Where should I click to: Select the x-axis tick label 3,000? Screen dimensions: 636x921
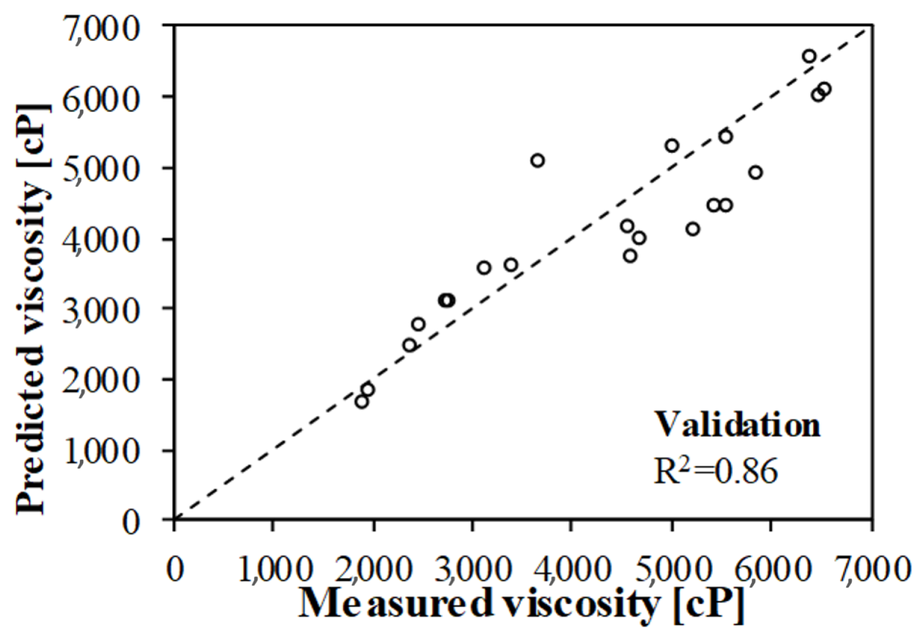(x=473, y=571)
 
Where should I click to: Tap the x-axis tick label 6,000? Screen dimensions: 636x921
(x=770, y=571)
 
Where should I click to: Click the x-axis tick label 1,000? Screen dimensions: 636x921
(x=273, y=571)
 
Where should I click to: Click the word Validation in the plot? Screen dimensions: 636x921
(x=738, y=425)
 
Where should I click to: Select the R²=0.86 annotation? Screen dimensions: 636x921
(x=716, y=472)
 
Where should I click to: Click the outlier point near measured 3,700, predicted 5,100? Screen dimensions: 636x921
(x=538, y=161)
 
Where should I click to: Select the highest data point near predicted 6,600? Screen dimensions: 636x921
(x=809, y=56)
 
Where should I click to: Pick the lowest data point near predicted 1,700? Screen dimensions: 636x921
(x=362, y=401)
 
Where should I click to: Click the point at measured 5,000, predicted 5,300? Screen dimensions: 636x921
(x=672, y=146)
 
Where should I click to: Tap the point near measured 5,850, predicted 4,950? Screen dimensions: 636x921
(x=756, y=173)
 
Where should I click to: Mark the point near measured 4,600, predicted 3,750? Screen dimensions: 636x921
(x=630, y=256)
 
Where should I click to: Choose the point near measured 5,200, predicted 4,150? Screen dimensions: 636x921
(x=693, y=229)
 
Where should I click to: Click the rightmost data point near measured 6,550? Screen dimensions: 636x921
(x=825, y=89)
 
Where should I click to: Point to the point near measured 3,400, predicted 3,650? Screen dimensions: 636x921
(x=511, y=265)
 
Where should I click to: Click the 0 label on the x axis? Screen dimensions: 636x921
(x=175, y=571)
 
